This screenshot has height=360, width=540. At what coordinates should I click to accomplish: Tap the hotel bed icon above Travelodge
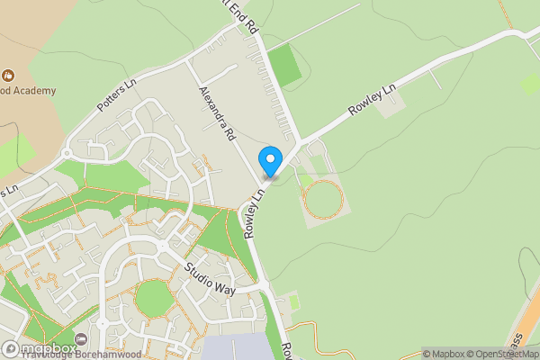(x=82, y=339)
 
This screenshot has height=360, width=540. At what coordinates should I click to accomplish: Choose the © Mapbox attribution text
(x=444, y=354)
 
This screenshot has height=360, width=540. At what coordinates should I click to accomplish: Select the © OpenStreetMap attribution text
(x=500, y=354)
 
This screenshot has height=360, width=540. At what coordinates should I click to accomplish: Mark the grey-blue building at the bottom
(x=236, y=347)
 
